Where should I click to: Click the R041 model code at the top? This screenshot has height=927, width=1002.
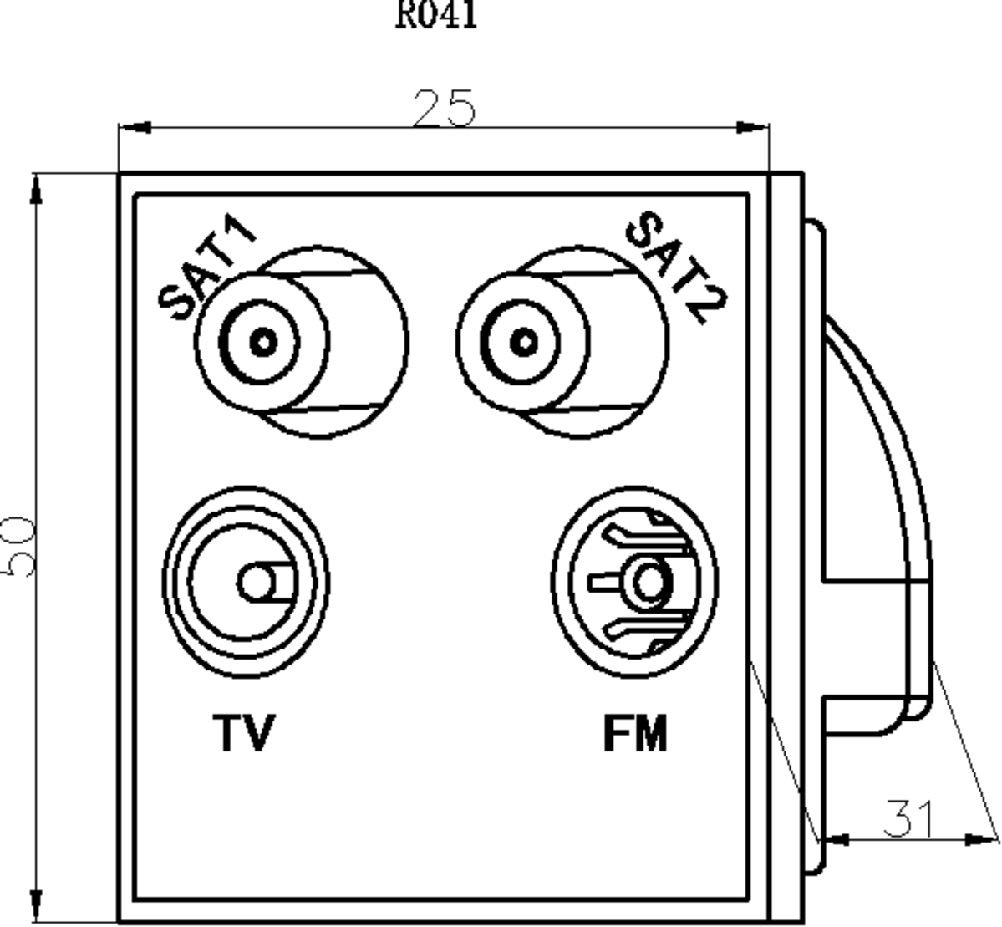coord(436,15)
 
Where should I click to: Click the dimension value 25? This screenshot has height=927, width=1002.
coord(444,108)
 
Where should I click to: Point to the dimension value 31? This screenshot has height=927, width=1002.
coord(909,818)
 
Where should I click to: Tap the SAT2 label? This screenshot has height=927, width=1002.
coord(676,267)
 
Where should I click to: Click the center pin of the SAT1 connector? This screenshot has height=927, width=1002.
coord(263,342)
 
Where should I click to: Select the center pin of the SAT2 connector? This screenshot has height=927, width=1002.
coord(523,342)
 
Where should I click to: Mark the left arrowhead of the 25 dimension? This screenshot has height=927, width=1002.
coord(134,128)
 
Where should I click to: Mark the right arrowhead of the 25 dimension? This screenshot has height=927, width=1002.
coord(751,128)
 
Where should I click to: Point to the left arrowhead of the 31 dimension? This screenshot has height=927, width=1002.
coord(836,838)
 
